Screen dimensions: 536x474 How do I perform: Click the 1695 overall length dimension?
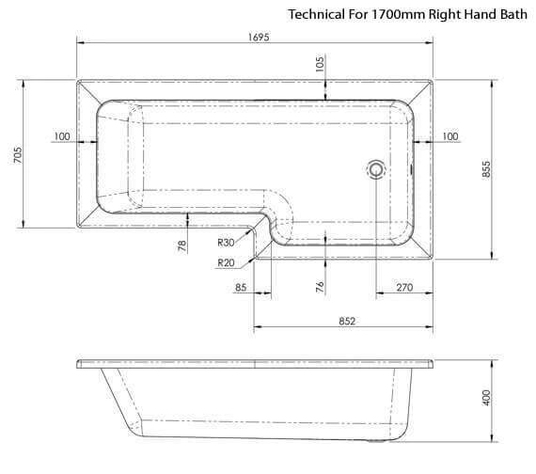(x=259, y=37)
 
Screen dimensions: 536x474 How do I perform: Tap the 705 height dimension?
(x=18, y=154)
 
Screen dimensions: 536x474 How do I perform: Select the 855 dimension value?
(x=486, y=169)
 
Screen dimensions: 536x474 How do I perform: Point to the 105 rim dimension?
(x=320, y=64)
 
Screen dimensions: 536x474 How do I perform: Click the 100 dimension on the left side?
(x=62, y=136)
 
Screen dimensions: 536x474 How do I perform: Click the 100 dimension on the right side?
(x=450, y=136)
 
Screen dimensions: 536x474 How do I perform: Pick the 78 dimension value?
(x=182, y=245)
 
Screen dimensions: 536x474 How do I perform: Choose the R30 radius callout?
(x=226, y=243)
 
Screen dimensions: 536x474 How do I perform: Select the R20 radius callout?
(x=226, y=262)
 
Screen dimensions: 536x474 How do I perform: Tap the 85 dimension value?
(x=241, y=287)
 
